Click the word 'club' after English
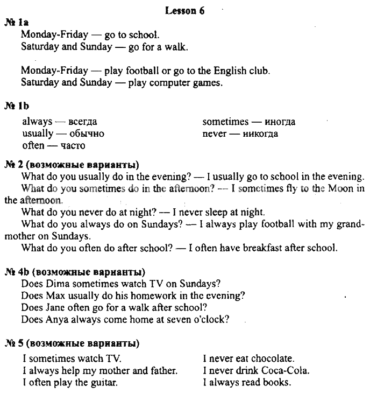[258, 71]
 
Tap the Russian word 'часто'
[73, 146]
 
